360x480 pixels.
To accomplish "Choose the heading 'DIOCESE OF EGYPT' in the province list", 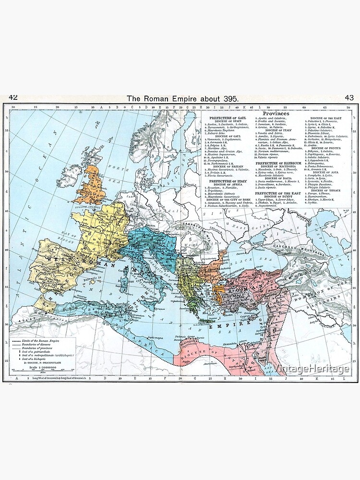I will click(279, 197).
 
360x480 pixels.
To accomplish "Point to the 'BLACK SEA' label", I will click(258, 257).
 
